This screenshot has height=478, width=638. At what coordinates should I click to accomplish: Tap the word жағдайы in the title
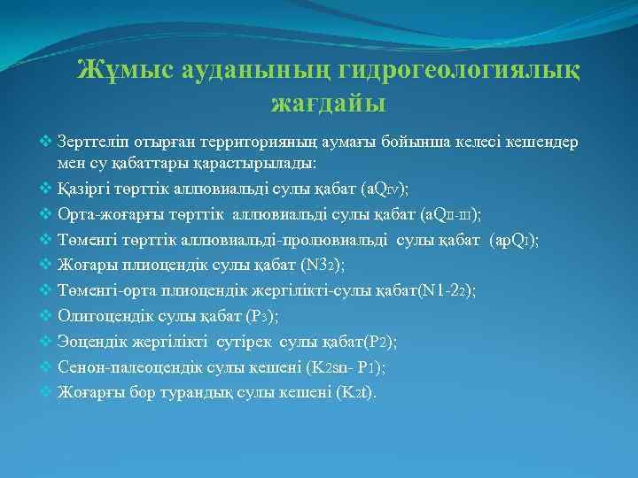328,103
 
